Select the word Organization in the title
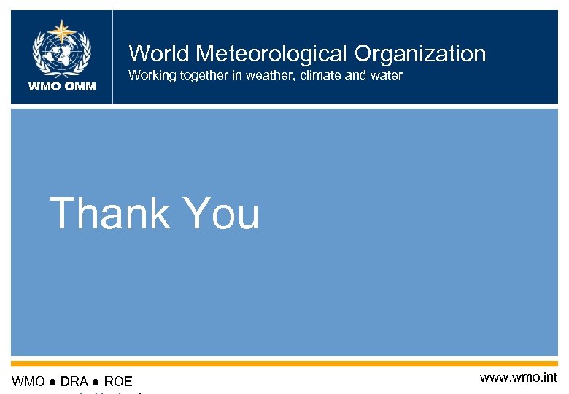[x=420, y=53]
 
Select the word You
[x=222, y=213]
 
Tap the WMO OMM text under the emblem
[x=62, y=88]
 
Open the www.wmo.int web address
[x=518, y=377]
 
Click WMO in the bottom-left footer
[x=28, y=381]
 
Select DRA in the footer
[x=74, y=381]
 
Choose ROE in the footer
[x=118, y=381]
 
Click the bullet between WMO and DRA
[x=51, y=381]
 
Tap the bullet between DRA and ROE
[x=96, y=381]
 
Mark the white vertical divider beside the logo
[x=113, y=57]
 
